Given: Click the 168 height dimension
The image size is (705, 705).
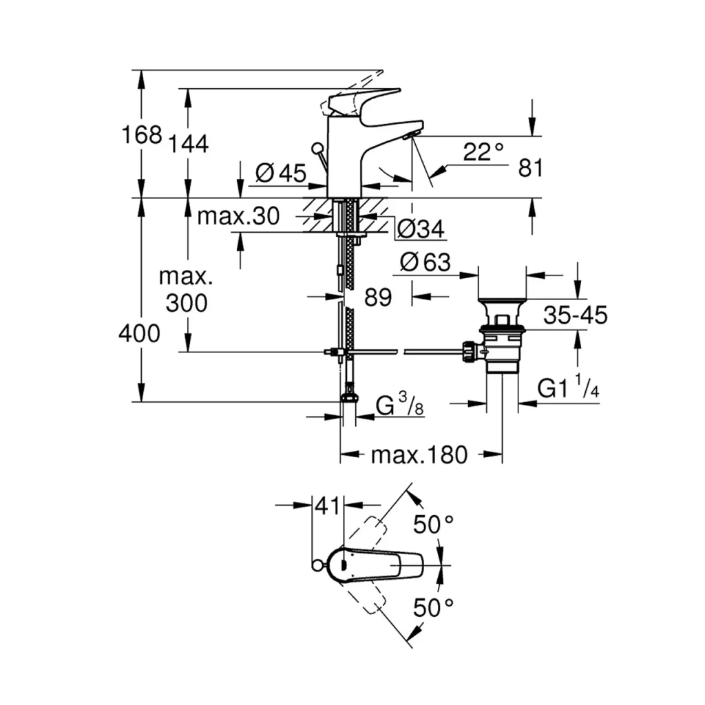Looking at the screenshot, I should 142,134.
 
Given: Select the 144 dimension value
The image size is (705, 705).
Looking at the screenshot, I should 187,144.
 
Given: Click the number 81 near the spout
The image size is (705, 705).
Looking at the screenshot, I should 531,168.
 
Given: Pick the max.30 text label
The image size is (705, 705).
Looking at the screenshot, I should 238,217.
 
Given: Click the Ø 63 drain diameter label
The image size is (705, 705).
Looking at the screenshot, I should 425,262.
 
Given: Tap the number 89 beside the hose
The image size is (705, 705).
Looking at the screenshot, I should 377,297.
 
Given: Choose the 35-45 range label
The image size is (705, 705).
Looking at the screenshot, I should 575,315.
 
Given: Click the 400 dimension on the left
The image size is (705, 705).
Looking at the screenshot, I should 139,334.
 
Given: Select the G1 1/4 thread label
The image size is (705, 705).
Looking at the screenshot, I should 569,390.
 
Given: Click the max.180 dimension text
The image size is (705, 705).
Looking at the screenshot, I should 419,454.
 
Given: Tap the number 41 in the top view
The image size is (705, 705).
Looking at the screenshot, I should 328,506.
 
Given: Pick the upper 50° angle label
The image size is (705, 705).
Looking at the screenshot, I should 433,525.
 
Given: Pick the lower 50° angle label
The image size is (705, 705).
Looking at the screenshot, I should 433,607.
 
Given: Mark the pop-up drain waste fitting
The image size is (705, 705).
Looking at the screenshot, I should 503,337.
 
